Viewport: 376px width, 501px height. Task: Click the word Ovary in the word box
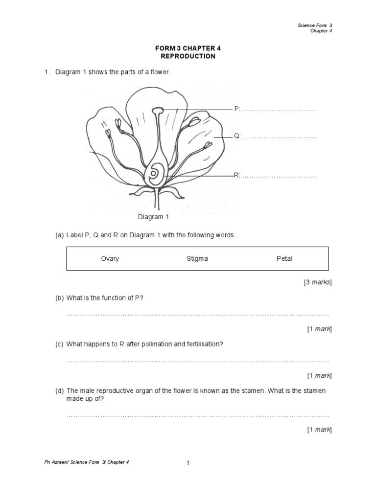point(110,258)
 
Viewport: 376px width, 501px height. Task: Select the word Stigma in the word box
point(197,258)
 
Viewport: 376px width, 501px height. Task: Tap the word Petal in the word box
point(284,258)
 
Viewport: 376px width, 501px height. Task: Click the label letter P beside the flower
point(236,109)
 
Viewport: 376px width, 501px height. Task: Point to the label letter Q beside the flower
point(236,137)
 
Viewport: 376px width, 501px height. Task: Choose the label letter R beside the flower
point(236,175)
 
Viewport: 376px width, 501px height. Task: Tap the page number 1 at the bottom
point(188,464)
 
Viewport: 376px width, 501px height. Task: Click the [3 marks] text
point(318,282)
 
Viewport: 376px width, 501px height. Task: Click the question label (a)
point(59,235)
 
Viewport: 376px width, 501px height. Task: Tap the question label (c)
point(59,344)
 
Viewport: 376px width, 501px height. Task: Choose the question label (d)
point(59,391)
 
